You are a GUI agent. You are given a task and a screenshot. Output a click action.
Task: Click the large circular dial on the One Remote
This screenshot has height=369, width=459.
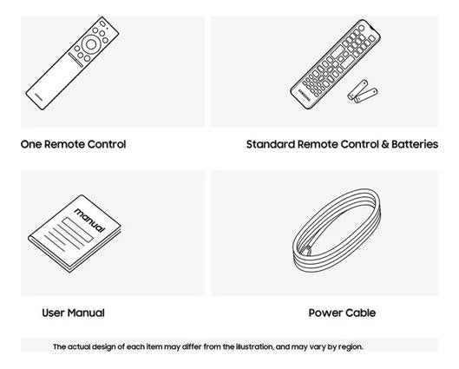point(91,44)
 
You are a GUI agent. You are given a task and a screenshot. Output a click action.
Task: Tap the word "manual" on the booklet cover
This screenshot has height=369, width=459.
point(89,220)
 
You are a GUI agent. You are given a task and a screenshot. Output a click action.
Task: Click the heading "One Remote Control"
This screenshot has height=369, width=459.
point(73,144)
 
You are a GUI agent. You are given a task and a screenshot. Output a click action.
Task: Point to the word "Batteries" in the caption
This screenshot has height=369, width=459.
point(415,144)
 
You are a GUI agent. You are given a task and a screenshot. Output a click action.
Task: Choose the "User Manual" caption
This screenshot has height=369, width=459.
point(73,313)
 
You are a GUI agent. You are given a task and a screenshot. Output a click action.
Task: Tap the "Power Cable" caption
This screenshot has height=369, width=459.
point(342,313)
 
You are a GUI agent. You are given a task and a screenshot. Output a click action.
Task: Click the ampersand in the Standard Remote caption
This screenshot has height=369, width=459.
point(384,144)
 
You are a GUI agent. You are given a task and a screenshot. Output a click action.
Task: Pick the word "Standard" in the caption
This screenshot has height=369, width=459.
point(271,144)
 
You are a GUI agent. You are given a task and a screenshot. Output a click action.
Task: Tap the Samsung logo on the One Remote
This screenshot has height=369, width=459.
point(39,96)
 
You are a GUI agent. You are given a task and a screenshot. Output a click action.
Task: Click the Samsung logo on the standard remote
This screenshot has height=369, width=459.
point(305,95)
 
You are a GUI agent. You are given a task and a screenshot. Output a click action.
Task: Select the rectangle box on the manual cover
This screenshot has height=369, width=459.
point(77,229)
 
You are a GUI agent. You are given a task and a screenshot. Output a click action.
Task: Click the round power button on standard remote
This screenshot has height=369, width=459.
point(361,28)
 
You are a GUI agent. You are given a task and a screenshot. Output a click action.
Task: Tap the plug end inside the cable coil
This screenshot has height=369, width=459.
point(306,251)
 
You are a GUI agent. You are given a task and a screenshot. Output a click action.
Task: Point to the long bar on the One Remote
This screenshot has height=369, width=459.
point(75,59)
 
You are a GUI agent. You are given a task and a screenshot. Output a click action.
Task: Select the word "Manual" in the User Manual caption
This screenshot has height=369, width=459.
point(87,313)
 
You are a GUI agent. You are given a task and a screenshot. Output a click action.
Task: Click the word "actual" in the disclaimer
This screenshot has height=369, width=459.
point(78,346)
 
